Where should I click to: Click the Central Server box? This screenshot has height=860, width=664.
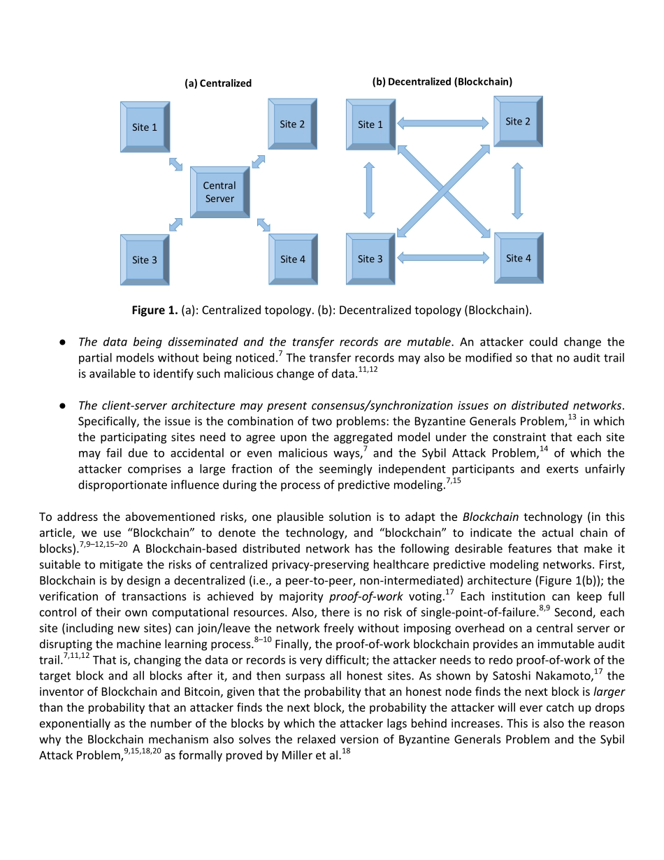(x=219, y=192)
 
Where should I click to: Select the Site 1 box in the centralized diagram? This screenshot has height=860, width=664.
(x=145, y=127)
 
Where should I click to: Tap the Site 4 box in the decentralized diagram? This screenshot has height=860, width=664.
(x=518, y=258)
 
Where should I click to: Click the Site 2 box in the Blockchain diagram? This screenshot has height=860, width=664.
(x=518, y=122)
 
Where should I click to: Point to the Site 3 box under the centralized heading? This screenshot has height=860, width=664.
(x=145, y=259)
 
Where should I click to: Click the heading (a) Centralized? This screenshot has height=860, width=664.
(x=217, y=83)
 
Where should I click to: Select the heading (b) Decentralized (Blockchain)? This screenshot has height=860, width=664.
(x=442, y=82)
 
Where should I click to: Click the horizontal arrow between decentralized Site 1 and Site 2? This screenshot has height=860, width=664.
(x=442, y=124)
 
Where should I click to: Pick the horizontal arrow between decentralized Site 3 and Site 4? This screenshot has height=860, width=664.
(x=442, y=258)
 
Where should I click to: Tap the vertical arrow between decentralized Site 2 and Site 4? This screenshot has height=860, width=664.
(x=517, y=190)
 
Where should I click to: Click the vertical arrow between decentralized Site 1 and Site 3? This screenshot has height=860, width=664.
(x=369, y=190)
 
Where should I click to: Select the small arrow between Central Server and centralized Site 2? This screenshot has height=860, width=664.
(x=259, y=162)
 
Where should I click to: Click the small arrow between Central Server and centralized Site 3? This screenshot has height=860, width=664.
(x=175, y=224)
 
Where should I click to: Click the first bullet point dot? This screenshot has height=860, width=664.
(x=62, y=343)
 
